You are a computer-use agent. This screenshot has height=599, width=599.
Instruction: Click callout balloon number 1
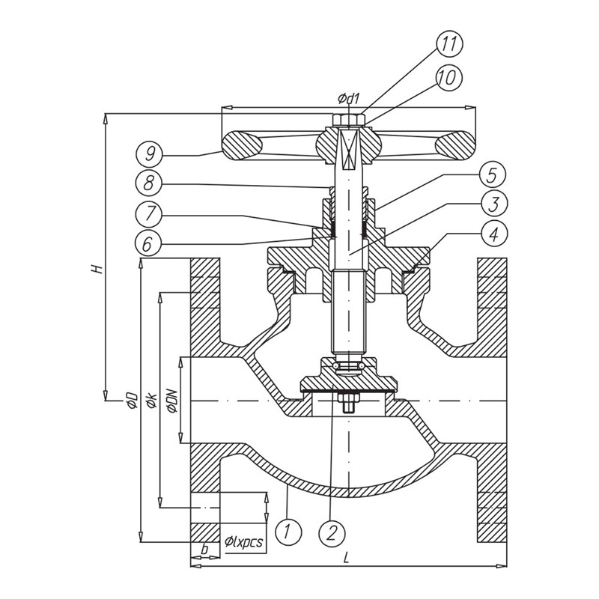pos(288,532)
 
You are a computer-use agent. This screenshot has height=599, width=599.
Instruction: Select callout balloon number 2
pos(332,532)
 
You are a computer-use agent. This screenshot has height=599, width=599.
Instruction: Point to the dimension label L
pos(346,557)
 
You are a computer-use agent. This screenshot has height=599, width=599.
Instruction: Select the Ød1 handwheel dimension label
pos(349,99)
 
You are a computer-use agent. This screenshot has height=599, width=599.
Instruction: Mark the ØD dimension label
pos(130,398)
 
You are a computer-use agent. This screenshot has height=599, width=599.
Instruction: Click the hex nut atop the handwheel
pos(350,120)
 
